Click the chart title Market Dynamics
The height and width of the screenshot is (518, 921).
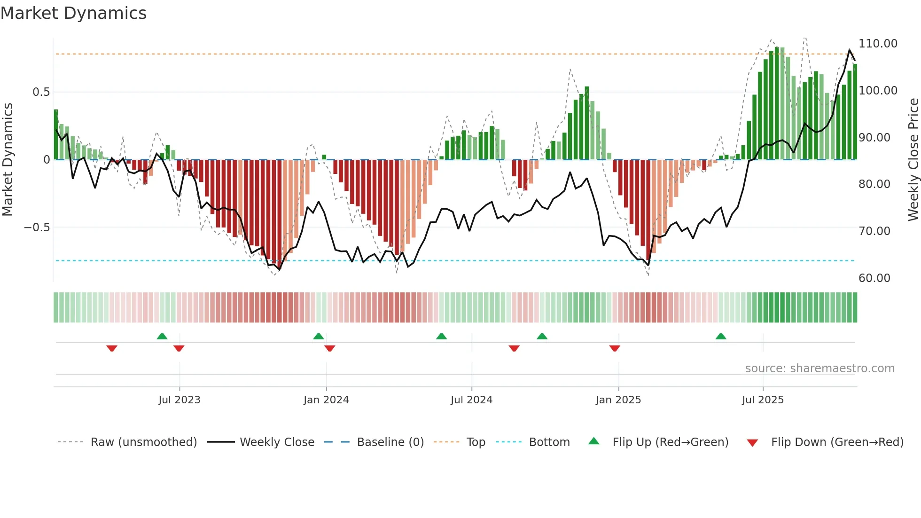(x=73, y=13)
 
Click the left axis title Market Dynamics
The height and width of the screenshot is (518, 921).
(x=8, y=159)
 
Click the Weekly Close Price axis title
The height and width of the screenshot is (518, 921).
(x=913, y=159)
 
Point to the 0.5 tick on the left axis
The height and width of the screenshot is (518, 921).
(x=41, y=92)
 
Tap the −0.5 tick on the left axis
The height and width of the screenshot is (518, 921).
(x=37, y=228)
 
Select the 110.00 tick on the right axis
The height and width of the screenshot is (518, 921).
(x=877, y=44)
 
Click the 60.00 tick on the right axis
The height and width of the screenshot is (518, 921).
(x=874, y=278)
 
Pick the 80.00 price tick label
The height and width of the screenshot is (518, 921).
(x=874, y=184)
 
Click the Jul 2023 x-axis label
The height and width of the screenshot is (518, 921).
(x=179, y=400)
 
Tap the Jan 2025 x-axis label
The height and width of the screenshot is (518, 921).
(x=618, y=400)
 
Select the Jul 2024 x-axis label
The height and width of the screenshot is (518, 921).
(x=471, y=400)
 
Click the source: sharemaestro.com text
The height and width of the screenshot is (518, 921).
(x=820, y=369)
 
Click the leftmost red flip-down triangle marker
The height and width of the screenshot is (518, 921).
(x=112, y=348)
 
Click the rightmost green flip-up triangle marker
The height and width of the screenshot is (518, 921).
(x=721, y=336)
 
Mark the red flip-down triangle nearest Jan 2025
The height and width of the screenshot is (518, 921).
(x=615, y=348)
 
